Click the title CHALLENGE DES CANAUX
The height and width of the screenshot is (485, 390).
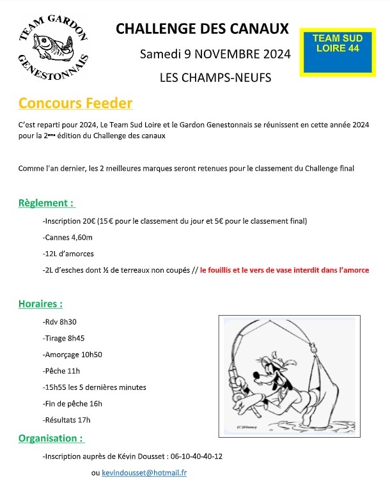click(x=201, y=29)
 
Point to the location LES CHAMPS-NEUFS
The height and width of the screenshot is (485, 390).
click(x=215, y=78)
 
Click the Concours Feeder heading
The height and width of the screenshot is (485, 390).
click(x=75, y=104)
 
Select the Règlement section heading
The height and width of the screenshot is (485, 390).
click(x=47, y=203)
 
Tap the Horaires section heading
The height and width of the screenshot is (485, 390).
click(x=40, y=304)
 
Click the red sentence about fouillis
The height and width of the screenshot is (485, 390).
click(x=284, y=270)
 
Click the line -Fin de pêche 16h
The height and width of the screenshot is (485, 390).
click(x=72, y=403)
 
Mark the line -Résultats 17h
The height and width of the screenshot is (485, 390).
click(x=66, y=420)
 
